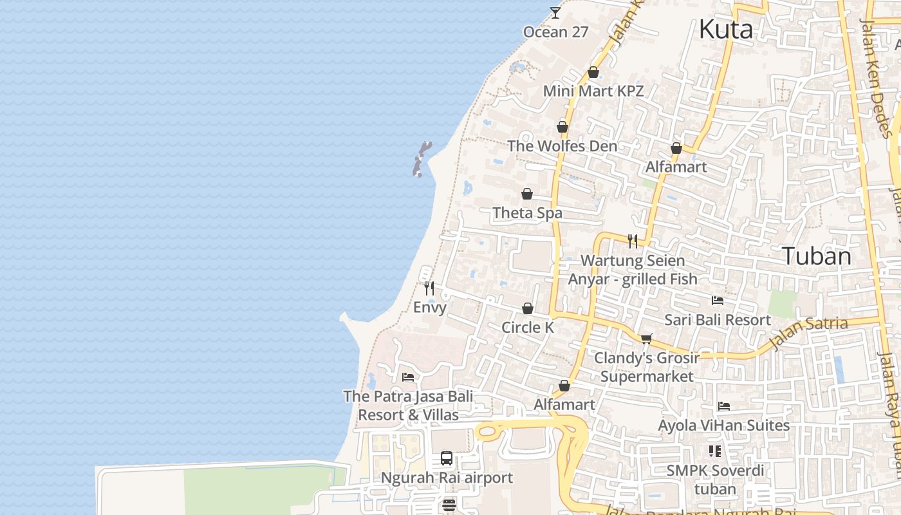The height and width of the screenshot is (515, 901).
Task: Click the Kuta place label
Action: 725,30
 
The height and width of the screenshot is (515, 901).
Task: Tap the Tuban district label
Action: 817,256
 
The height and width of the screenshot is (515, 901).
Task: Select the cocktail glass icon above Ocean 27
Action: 555,12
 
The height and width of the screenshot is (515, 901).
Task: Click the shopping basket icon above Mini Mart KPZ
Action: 593,72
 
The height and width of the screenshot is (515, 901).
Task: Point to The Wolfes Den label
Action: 562,146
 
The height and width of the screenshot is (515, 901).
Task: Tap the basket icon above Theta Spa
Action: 527,194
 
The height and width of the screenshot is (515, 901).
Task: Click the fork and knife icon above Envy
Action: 429,288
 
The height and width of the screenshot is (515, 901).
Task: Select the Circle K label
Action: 527,328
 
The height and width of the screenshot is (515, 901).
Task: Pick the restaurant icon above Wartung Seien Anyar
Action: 633,241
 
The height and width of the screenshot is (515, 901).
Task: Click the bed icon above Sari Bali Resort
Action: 717,301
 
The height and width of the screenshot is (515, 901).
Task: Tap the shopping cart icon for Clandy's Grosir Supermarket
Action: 646,339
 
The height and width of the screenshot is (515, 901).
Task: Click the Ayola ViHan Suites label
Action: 723,426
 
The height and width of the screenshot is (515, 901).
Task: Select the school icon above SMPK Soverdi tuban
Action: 714,451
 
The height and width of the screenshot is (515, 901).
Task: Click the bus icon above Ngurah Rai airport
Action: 447,458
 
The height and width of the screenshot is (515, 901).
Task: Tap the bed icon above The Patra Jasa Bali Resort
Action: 407,377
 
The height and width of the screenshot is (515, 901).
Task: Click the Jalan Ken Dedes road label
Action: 877,77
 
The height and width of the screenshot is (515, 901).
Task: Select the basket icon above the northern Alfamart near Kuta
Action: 676,149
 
